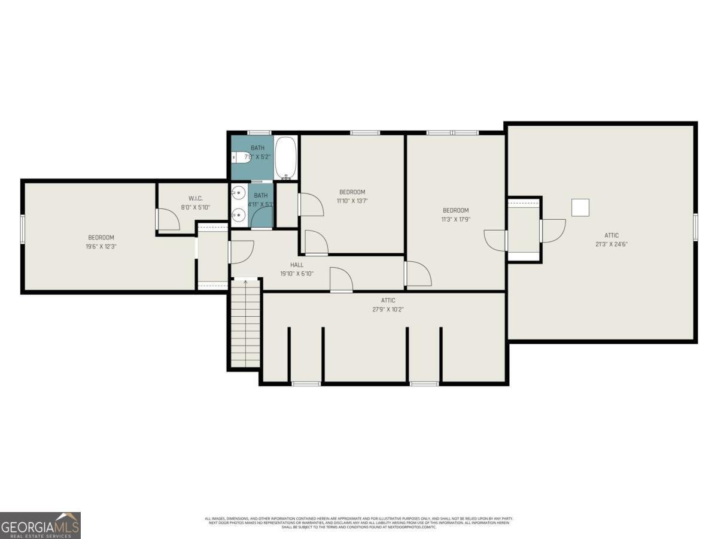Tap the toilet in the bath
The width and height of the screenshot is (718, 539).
241,158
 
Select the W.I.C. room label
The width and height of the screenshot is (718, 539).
196,198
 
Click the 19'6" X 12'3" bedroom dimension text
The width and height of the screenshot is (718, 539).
101,246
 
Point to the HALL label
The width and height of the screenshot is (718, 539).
297,264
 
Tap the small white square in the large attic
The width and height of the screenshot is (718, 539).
580,207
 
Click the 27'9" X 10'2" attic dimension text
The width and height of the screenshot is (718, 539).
388,310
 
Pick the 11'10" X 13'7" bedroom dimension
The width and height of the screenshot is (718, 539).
352,201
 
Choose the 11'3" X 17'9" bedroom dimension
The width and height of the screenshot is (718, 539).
455,219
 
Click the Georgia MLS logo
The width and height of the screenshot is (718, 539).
40,525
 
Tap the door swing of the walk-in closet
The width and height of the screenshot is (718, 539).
169,220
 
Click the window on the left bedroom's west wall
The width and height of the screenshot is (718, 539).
23,228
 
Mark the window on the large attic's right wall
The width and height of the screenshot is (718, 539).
695,228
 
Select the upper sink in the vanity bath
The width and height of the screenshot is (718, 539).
239,193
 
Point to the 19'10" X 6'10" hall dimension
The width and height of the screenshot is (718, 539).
297,274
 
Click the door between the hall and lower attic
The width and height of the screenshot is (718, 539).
341,281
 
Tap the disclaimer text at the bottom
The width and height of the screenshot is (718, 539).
359,522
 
